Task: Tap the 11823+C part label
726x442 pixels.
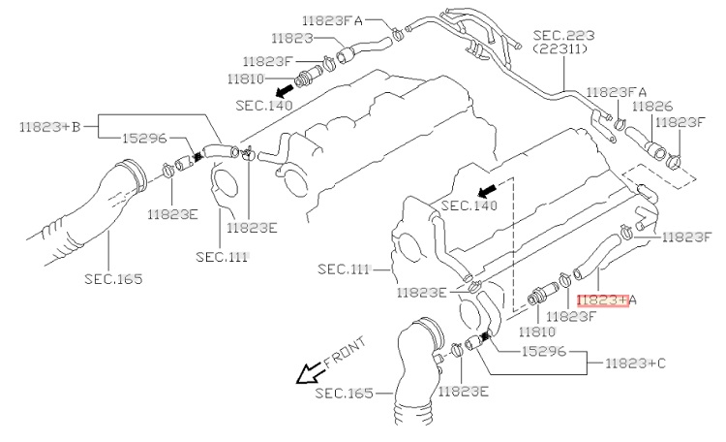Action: point(635,365)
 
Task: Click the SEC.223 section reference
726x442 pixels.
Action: point(563,34)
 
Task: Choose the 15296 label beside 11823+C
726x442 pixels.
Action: point(544,351)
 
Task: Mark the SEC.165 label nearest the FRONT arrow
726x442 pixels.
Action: point(345,394)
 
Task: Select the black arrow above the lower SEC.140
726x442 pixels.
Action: point(490,187)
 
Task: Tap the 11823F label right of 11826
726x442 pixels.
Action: point(679,123)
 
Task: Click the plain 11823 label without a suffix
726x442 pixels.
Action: point(292,40)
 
